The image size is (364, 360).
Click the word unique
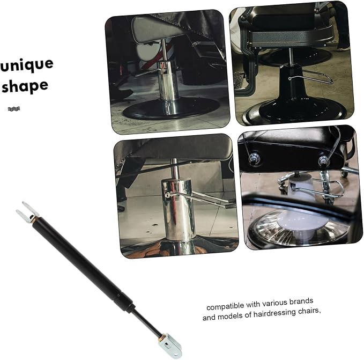click(x=27, y=65)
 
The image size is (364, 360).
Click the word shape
click(x=25, y=85)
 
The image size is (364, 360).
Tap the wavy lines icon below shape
click(x=14, y=109)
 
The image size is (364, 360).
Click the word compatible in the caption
click(x=225, y=306)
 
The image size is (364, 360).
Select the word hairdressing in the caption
click(x=274, y=313)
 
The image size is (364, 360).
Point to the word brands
click(x=301, y=302)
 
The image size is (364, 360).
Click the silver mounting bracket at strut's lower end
click(x=170, y=345)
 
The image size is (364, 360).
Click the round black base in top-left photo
click(x=172, y=109)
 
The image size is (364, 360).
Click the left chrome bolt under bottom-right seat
click(x=255, y=158)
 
